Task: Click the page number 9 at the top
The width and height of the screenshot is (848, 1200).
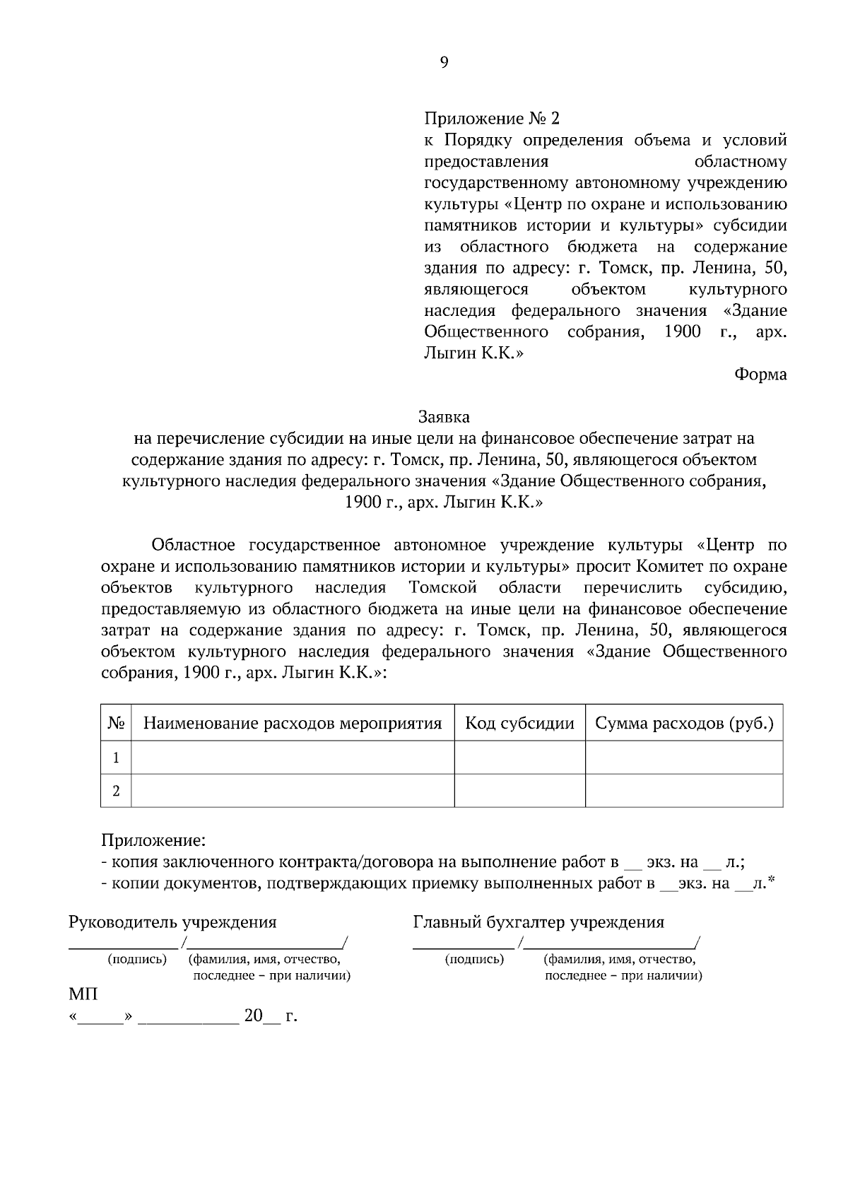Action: [x=444, y=63]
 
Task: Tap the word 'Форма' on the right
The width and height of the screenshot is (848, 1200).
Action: [x=760, y=375]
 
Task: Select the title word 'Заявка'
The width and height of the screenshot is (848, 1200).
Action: [x=444, y=417]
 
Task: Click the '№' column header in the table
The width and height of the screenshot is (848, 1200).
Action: [x=117, y=723]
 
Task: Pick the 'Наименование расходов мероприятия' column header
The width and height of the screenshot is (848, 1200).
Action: [x=293, y=723]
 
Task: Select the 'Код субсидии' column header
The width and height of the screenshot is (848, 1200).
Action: [x=519, y=723]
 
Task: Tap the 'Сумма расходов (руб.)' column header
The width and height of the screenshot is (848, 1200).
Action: [x=684, y=723]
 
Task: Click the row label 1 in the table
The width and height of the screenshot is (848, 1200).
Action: [x=117, y=758]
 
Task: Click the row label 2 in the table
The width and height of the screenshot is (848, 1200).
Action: [x=117, y=791]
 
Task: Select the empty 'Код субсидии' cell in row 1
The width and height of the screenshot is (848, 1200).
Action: [x=519, y=758]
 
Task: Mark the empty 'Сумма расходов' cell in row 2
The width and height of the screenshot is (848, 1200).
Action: [x=684, y=791]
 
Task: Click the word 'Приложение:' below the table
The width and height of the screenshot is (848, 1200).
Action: [x=153, y=840]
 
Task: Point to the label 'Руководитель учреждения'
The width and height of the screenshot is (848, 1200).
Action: [x=172, y=922]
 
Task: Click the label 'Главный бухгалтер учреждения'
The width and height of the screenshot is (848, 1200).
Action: [x=538, y=922]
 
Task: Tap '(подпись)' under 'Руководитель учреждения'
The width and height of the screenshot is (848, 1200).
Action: [x=137, y=959]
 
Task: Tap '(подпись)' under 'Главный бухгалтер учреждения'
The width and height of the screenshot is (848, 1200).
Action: [x=474, y=959]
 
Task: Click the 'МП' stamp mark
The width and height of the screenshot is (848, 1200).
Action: [x=83, y=994]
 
